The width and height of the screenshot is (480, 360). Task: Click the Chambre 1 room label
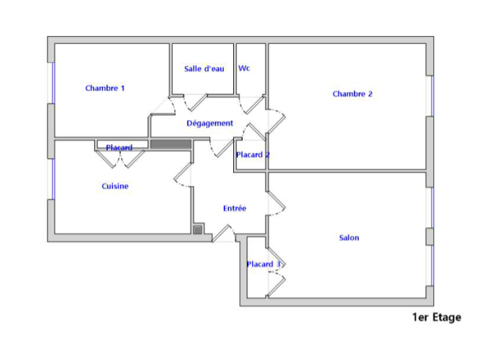click(x=105, y=88)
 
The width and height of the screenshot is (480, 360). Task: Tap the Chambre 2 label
click(x=352, y=94)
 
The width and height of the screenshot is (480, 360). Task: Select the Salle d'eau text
click(x=204, y=69)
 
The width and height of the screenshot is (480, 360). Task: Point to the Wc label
click(x=244, y=68)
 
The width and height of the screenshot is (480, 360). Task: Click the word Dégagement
click(x=210, y=123)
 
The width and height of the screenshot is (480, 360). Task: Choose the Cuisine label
click(x=115, y=186)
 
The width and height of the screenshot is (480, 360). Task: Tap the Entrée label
click(x=234, y=208)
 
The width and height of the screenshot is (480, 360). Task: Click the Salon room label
click(x=349, y=238)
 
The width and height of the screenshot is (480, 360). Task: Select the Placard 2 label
click(x=253, y=155)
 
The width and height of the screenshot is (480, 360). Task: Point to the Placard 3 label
click(x=264, y=264)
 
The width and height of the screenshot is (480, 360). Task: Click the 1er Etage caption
click(x=437, y=317)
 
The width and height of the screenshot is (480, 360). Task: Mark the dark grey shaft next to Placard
click(x=171, y=144)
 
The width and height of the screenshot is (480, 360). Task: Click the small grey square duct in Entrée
click(x=198, y=230)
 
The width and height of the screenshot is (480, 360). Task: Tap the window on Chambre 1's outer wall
click(x=53, y=83)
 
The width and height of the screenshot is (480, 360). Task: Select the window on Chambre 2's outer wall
click(x=432, y=96)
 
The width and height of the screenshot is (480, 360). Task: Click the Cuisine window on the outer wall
click(x=53, y=179)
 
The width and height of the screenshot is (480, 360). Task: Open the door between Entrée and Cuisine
click(x=183, y=175)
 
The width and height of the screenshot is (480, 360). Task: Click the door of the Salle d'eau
click(x=195, y=103)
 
